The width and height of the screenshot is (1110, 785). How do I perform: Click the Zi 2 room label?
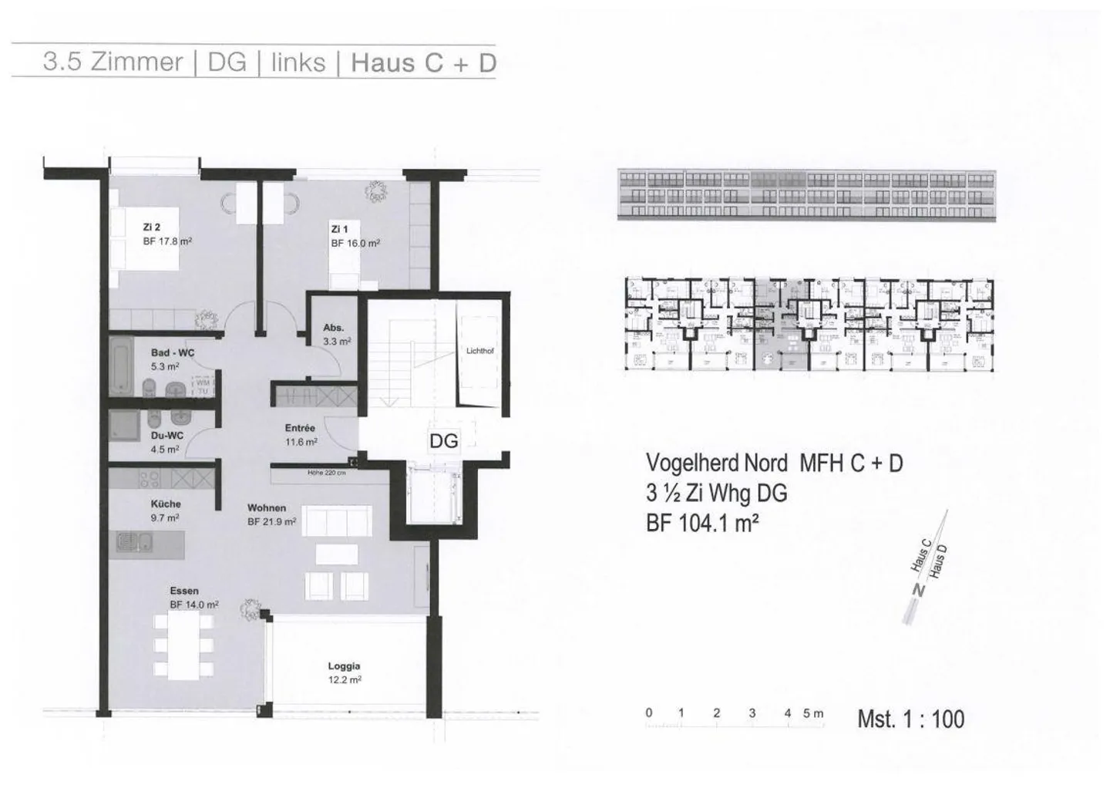(152, 227)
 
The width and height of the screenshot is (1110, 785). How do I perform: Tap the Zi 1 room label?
(340, 229)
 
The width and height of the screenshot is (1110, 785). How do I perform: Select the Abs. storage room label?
(333, 328)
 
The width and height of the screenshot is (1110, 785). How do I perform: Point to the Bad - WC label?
(173, 353)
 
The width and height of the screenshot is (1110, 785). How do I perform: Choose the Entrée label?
(300, 428)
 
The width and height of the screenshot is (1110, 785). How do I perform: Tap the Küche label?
(166, 504)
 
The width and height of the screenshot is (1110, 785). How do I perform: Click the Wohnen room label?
(267, 508)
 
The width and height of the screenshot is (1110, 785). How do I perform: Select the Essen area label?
(184, 591)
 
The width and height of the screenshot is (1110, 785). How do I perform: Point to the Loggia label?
(344, 666)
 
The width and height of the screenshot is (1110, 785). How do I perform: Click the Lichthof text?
(479, 351)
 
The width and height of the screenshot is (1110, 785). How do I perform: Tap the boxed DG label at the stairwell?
(443, 441)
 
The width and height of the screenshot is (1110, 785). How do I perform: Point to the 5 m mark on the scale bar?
(812, 713)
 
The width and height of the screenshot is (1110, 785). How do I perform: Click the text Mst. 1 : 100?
(910, 719)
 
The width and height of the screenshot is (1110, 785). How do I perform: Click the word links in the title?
(298, 62)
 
